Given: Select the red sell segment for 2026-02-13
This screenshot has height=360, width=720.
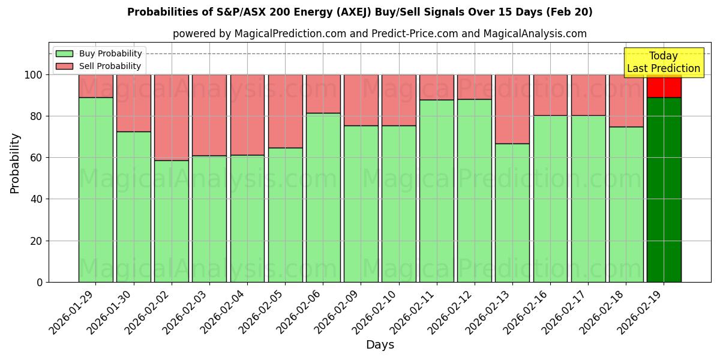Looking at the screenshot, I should click(x=512, y=109).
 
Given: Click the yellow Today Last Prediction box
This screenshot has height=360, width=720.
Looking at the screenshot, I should click(x=663, y=62).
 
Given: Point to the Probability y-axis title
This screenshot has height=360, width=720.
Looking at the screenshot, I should click(x=15, y=163).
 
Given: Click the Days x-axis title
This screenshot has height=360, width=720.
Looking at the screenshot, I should click(x=380, y=345).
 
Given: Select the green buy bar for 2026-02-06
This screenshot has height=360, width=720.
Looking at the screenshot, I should click(x=323, y=197).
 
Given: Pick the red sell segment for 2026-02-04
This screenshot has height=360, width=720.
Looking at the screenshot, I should click(x=247, y=115).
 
